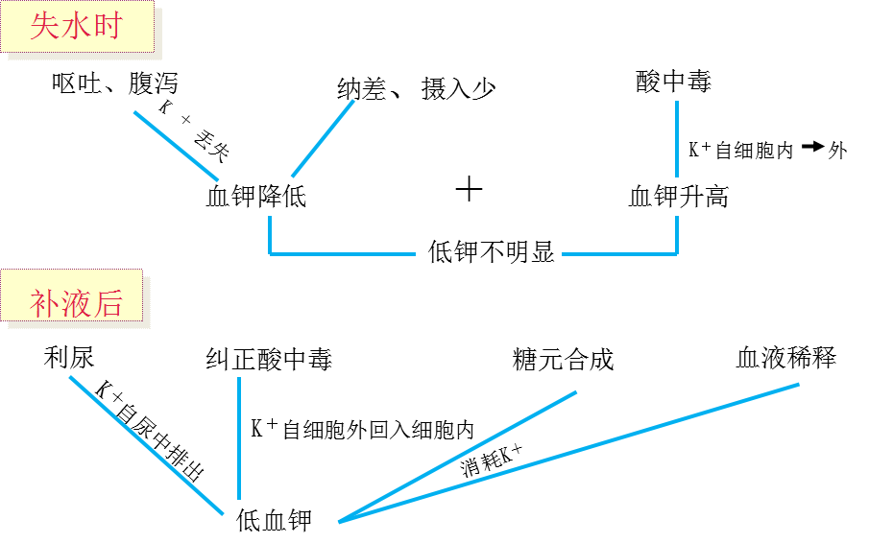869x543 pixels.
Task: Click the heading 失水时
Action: click(77, 26)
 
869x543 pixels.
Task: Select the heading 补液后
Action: click(77, 304)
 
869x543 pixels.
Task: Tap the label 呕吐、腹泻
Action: click(115, 84)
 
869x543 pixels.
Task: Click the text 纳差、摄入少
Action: click(417, 89)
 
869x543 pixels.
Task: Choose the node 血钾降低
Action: click(256, 197)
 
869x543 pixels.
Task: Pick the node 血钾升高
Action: click(678, 197)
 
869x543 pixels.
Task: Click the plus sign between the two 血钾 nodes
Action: click(469, 189)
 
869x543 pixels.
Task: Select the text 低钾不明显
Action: click(492, 252)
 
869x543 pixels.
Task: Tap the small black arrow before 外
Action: click(812, 147)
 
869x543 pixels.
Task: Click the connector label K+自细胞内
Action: click(739, 150)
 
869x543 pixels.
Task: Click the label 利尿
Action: click(69, 358)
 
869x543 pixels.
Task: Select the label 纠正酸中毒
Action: click(270, 361)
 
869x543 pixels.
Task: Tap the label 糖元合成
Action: click(564, 360)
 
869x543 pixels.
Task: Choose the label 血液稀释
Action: click(785, 358)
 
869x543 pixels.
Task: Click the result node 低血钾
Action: click(275, 521)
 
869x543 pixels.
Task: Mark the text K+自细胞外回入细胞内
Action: click(362, 429)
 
